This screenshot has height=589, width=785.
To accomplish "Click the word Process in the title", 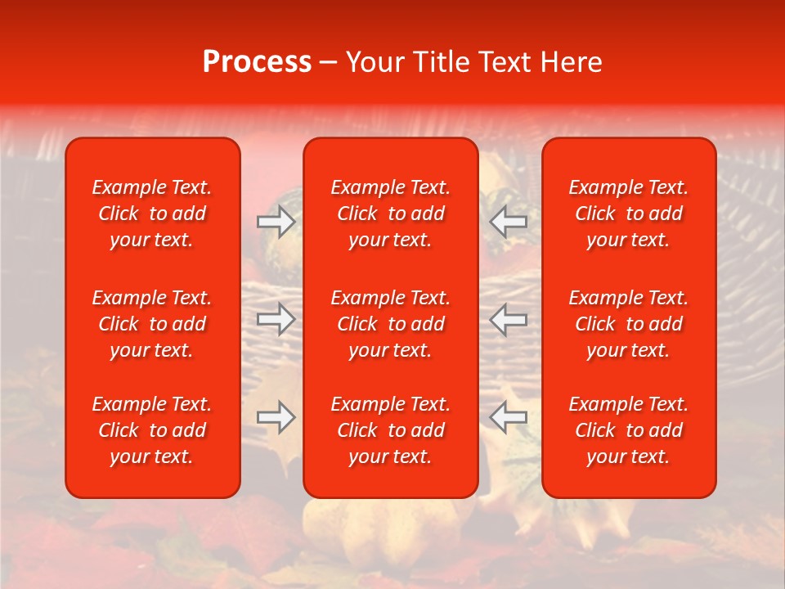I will click(x=257, y=62).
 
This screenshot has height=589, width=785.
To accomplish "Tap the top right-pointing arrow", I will click(x=276, y=221).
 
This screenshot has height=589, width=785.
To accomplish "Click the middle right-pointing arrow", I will click(x=276, y=319).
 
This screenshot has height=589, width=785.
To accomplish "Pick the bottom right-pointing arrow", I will click(x=276, y=417).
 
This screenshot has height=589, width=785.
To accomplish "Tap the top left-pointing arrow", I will click(x=508, y=221).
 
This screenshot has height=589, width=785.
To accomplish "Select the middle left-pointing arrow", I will click(x=508, y=319).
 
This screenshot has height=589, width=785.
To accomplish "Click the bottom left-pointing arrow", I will click(x=508, y=417).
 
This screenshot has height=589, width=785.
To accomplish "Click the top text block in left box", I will click(x=152, y=214).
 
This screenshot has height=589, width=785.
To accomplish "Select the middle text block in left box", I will click(x=152, y=324).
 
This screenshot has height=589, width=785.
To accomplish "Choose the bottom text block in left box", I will click(x=152, y=430).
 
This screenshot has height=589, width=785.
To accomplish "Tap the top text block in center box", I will click(x=390, y=214).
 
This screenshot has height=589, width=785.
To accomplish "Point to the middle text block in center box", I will click(x=390, y=324).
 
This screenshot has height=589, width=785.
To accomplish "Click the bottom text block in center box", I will click(x=390, y=430).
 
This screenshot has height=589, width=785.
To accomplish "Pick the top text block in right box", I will click(x=628, y=214).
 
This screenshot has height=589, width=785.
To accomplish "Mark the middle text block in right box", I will click(x=628, y=324).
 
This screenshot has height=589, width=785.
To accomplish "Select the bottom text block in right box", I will click(x=628, y=430).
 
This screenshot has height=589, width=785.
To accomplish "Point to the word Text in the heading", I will click(x=505, y=62).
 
